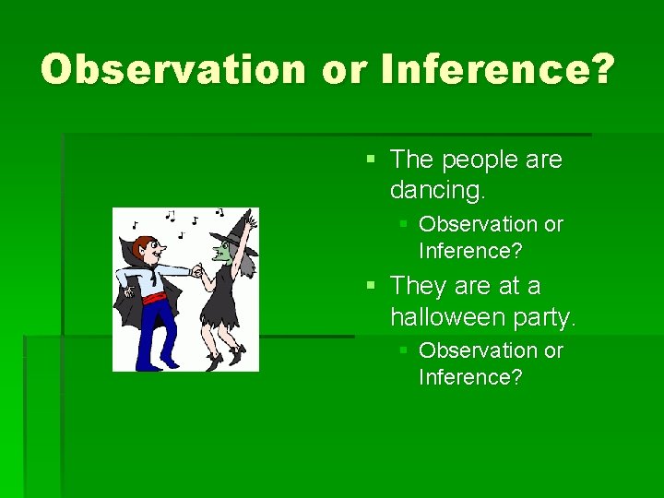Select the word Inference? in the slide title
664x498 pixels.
pyautogui.click(x=495, y=70)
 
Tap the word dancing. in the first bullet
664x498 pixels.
pyautogui.click(x=438, y=191)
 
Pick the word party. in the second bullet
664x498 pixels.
pyautogui.click(x=551, y=318)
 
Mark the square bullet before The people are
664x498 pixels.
pyautogui.click(x=371, y=160)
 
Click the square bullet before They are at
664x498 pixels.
pyautogui.click(x=371, y=286)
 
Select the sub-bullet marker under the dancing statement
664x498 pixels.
pyautogui.click(x=404, y=225)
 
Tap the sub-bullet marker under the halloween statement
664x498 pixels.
pyautogui.click(x=404, y=351)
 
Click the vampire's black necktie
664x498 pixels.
pyautogui.click(x=153, y=278)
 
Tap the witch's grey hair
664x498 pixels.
pyautogui.click(x=246, y=263)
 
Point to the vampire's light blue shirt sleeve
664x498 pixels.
pyautogui.click(x=176, y=271)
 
